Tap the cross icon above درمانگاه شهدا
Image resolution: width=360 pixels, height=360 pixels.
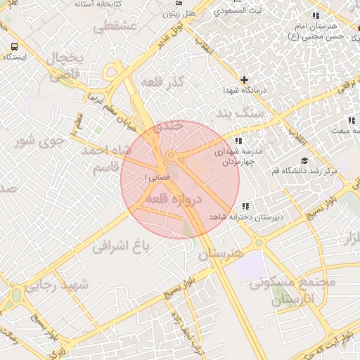244,80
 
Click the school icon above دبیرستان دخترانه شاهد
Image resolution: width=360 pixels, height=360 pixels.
244,206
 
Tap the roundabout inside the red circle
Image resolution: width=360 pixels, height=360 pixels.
171,155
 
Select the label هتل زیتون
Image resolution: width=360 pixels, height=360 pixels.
179,13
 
